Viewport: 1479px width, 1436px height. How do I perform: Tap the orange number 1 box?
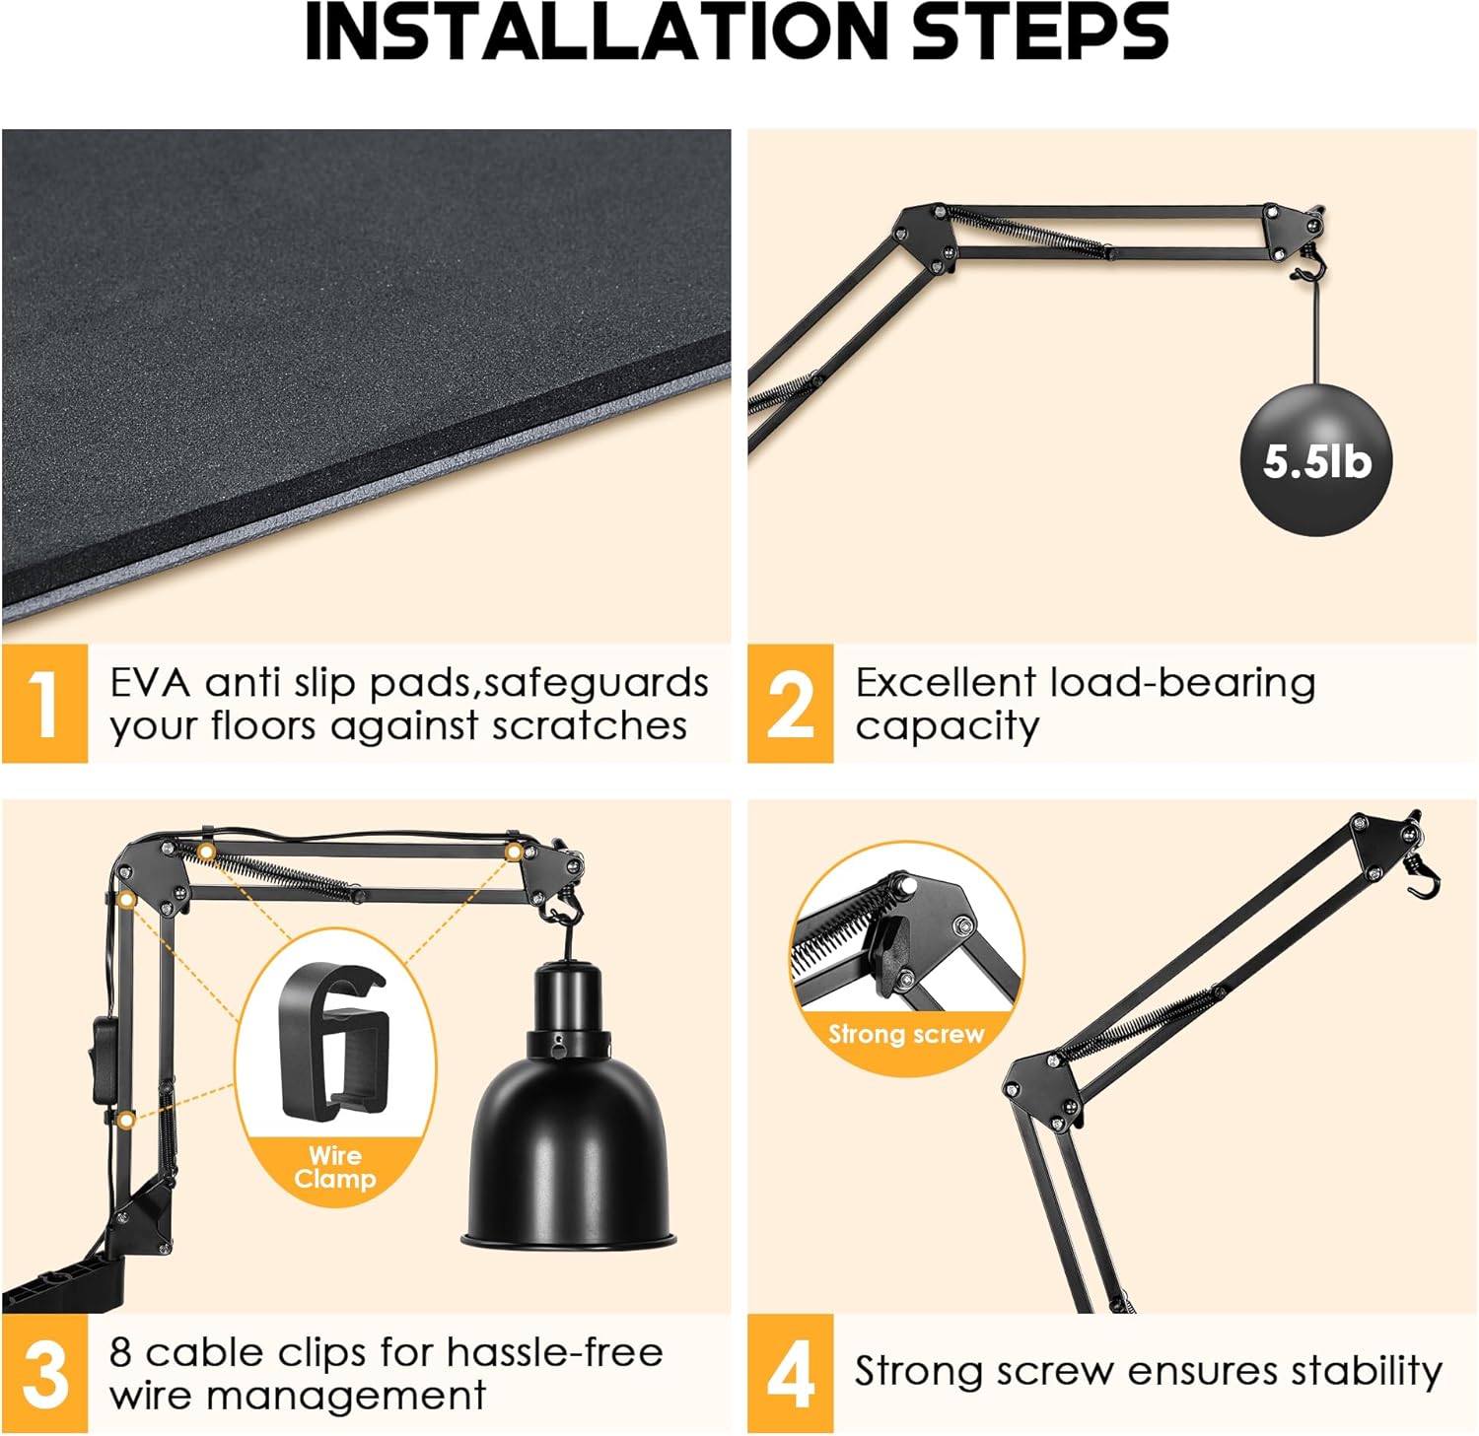coord(44,703)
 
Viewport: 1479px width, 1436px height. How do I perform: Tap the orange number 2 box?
coord(790,703)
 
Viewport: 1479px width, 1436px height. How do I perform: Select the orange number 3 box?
coord(44,1373)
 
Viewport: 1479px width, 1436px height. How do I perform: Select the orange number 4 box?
coord(790,1373)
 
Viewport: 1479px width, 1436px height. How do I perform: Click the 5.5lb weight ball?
coord(1316,461)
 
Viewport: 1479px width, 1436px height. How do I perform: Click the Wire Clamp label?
coord(335,1167)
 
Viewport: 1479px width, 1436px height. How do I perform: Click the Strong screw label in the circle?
coord(906,1034)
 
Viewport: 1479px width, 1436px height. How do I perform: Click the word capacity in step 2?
coord(947,726)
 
